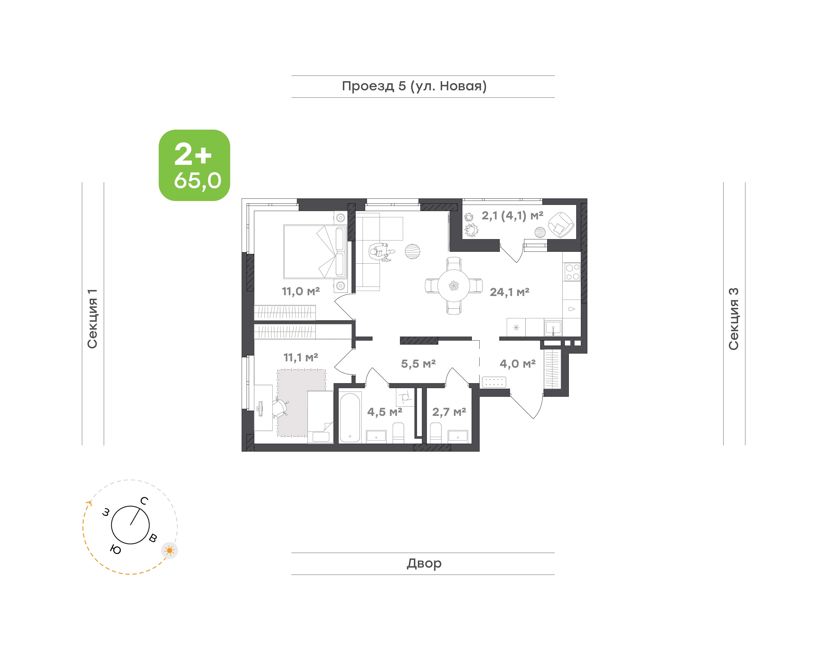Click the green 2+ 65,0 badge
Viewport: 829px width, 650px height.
(194, 165)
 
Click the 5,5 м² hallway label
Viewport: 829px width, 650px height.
(418, 364)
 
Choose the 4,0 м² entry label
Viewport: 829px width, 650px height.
(518, 364)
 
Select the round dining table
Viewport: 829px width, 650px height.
(453, 285)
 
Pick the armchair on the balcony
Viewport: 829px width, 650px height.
(561, 225)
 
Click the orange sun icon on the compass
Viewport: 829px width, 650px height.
(169, 550)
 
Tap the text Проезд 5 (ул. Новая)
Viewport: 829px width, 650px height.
(414, 86)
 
